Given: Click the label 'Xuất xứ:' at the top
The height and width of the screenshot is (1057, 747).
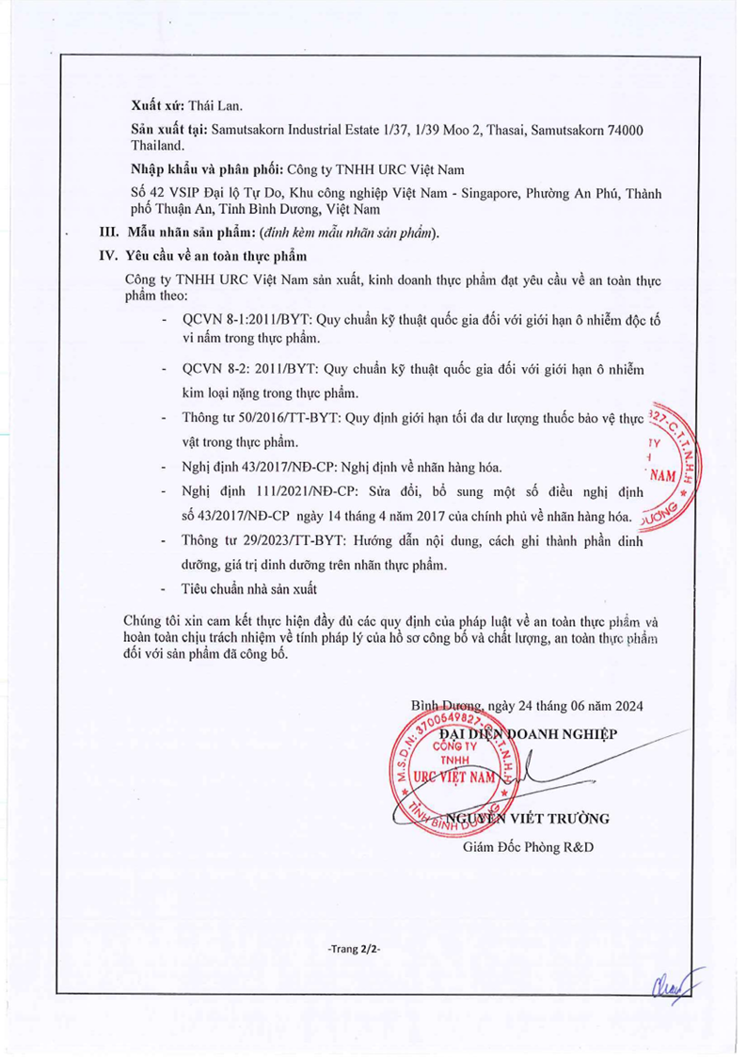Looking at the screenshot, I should (x=157, y=107).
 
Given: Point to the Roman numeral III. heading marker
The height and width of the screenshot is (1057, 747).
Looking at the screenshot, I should (x=111, y=232).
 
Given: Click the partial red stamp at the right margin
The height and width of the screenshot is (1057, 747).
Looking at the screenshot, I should (x=670, y=461).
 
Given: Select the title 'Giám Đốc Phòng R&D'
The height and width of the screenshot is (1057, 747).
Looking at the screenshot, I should (x=527, y=846).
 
